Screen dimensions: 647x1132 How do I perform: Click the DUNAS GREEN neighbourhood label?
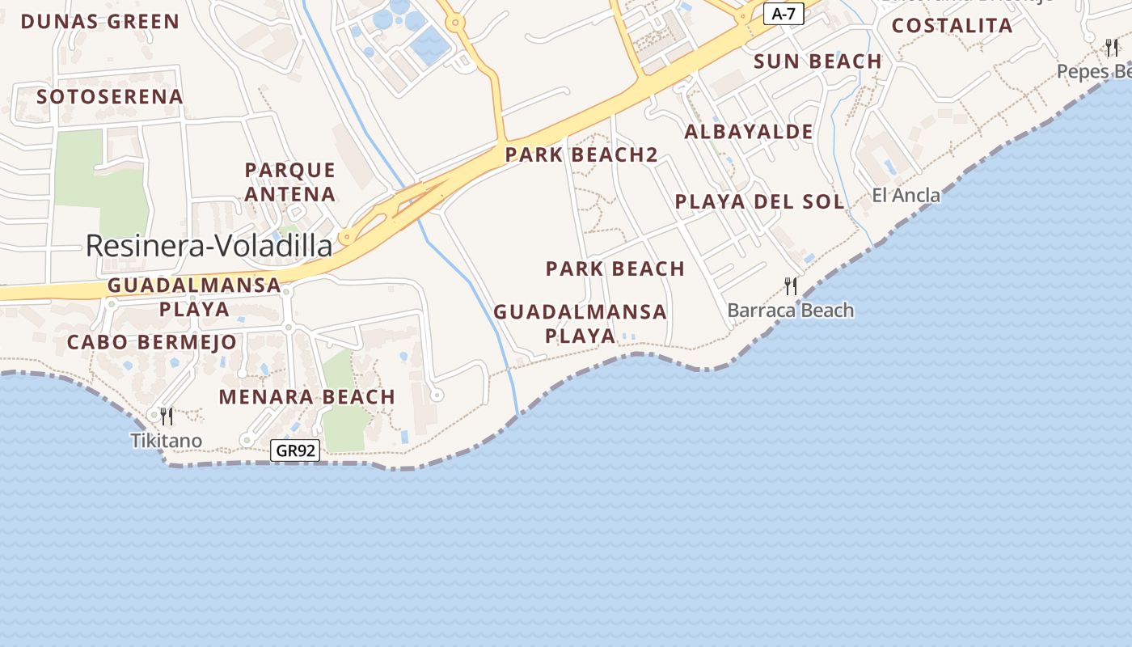[100, 22]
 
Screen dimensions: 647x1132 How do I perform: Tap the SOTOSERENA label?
[110, 97]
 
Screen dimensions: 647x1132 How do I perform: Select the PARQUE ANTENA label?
[289, 182]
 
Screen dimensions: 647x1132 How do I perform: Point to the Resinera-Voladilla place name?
[209, 246]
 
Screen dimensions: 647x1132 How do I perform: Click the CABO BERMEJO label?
[152, 342]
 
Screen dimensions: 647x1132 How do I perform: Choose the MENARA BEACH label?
[307, 397]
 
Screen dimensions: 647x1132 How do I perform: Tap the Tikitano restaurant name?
[167, 441]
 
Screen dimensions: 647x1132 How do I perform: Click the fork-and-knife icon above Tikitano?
[167, 417]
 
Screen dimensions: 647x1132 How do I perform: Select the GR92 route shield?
[294, 451]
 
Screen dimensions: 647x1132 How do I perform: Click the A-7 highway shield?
[784, 14]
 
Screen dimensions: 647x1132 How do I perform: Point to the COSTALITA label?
[952, 26]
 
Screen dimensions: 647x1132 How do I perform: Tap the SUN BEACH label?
[817, 61]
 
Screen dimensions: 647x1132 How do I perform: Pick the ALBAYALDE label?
[749, 132]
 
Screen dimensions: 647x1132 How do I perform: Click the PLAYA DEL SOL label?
[759, 201]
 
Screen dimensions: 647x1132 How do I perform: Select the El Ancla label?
[906, 195]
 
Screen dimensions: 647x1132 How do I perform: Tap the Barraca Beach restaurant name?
[790, 311]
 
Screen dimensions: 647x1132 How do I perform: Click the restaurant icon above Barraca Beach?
[791, 285]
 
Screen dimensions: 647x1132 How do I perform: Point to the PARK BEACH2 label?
[581, 154]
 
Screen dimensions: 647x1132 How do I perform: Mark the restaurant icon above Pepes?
[1113, 48]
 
